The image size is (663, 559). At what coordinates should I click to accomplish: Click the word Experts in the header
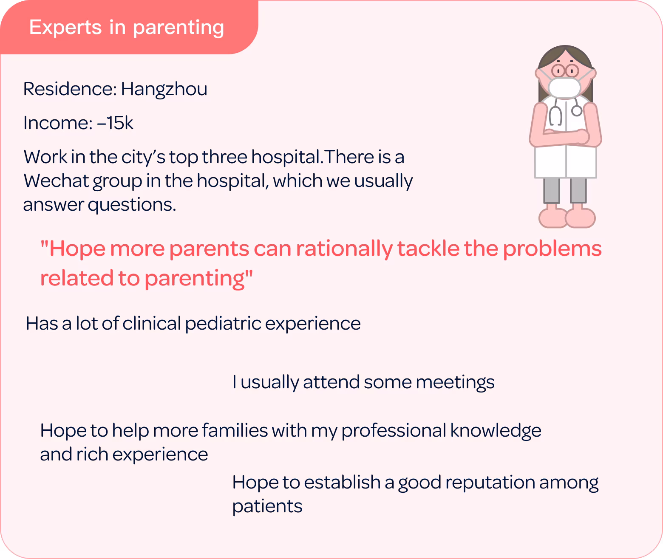coord(65,28)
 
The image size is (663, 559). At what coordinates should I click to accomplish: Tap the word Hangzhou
coord(164,90)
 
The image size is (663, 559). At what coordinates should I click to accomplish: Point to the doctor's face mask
coord(564,88)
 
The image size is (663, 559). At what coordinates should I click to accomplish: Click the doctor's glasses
coord(565,71)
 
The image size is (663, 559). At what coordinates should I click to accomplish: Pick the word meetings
coord(455,383)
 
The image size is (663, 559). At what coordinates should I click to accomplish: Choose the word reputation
coord(490,483)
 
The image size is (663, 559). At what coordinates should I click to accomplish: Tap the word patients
coord(267,507)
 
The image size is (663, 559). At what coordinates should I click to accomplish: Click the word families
coord(235,431)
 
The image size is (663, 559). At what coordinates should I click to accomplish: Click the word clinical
coord(151,324)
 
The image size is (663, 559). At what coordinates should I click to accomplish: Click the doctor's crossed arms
coord(566,136)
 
